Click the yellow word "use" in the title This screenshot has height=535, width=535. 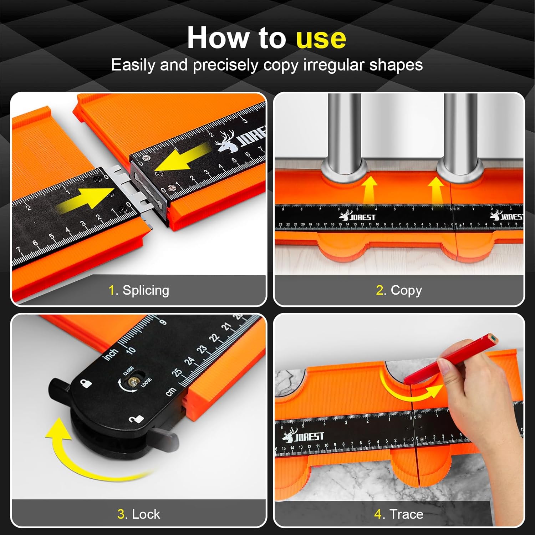(x=321, y=38)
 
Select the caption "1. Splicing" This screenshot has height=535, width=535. (x=139, y=290)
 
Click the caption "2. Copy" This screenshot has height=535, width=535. (x=399, y=290)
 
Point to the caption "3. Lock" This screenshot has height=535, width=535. (x=139, y=514)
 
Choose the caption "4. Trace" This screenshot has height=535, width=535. (x=399, y=514)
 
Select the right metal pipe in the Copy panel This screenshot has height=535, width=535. (x=460, y=132)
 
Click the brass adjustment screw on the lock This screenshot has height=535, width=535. (x=134, y=382)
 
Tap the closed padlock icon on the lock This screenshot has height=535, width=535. (x=86, y=383)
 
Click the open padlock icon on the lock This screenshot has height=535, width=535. (x=136, y=419)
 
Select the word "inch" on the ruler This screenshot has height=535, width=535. (x=111, y=354)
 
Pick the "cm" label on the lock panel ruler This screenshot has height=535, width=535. (x=170, y=391)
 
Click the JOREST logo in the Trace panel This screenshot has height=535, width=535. (x=303, y=436)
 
